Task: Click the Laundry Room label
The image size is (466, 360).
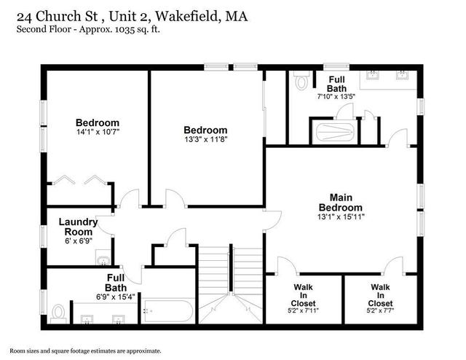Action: [78, 227]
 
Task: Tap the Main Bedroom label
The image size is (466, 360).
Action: [341, 203]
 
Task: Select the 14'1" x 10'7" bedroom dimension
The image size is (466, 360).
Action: [98, 132]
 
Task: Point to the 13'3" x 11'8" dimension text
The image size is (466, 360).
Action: [205, 139]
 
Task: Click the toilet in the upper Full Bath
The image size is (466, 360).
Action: [301, 81]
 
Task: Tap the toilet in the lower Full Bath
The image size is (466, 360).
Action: [58, 313]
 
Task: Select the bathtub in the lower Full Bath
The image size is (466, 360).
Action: [167, 311]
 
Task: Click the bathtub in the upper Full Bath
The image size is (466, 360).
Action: [335, 132]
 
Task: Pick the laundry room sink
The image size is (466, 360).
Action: [103, 257]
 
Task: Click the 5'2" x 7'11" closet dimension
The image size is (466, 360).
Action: [303, 310]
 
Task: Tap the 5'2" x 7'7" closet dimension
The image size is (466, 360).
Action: [380, 310]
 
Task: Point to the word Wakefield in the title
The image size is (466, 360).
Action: [188, 16]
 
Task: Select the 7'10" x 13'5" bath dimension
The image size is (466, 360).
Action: [336, 96]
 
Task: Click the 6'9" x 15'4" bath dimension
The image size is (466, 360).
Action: [115, 297]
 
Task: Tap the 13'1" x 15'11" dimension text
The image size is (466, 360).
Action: [341, 216]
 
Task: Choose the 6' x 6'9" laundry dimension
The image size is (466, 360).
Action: [79, 240]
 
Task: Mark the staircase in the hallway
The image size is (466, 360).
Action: [231, 285]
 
